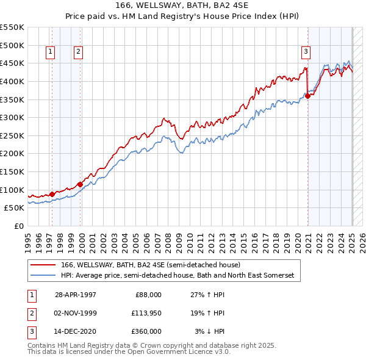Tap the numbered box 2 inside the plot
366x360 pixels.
79,52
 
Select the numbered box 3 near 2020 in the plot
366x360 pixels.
306,52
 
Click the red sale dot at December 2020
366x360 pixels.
308,95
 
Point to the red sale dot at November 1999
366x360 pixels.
80,184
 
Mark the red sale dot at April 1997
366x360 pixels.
52,194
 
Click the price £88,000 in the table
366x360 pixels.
148,295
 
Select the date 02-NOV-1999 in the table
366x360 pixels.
76,313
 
